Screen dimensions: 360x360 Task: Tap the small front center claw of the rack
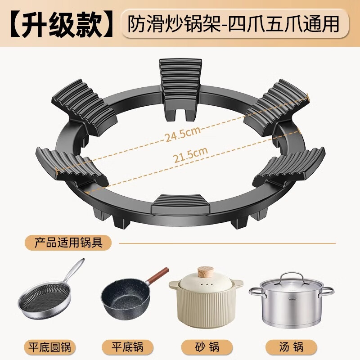click(x=179, y=203)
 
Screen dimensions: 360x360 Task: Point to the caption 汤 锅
click(x=291, y=346)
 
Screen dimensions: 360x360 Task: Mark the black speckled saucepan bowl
click(x=123, y=301)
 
